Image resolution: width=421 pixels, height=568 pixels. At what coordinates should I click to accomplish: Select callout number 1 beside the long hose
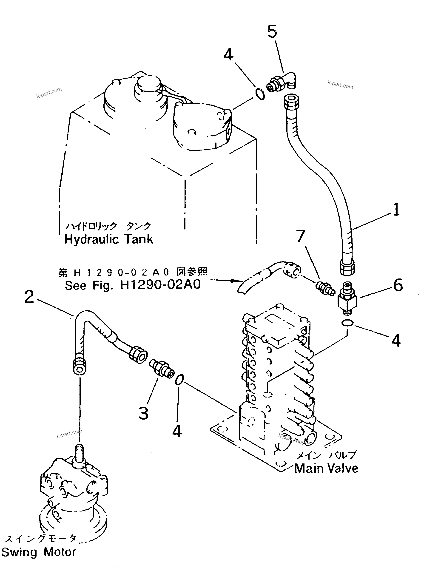click(x=396, y=210)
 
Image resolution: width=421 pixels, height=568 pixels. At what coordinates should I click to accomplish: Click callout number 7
click(x=301, y=236)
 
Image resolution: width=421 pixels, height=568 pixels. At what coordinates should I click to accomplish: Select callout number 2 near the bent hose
click(x=29, y=297)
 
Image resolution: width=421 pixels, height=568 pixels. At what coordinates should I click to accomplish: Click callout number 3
click(x=143, y=414)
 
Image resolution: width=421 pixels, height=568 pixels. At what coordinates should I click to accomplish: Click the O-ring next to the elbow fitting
click(x=260, y=94)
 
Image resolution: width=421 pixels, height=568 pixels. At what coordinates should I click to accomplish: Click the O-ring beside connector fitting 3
click(x=179, y=380)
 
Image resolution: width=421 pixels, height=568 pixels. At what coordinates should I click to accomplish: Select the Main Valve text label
click(x=326, y=468)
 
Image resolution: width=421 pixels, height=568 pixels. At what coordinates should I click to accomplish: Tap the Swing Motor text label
click(x=38, y=552)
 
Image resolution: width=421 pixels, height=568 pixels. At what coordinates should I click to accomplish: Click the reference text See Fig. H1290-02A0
click(x=133, y=285)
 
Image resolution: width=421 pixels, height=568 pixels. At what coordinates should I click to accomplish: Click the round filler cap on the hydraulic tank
click(x=148, y=84)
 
